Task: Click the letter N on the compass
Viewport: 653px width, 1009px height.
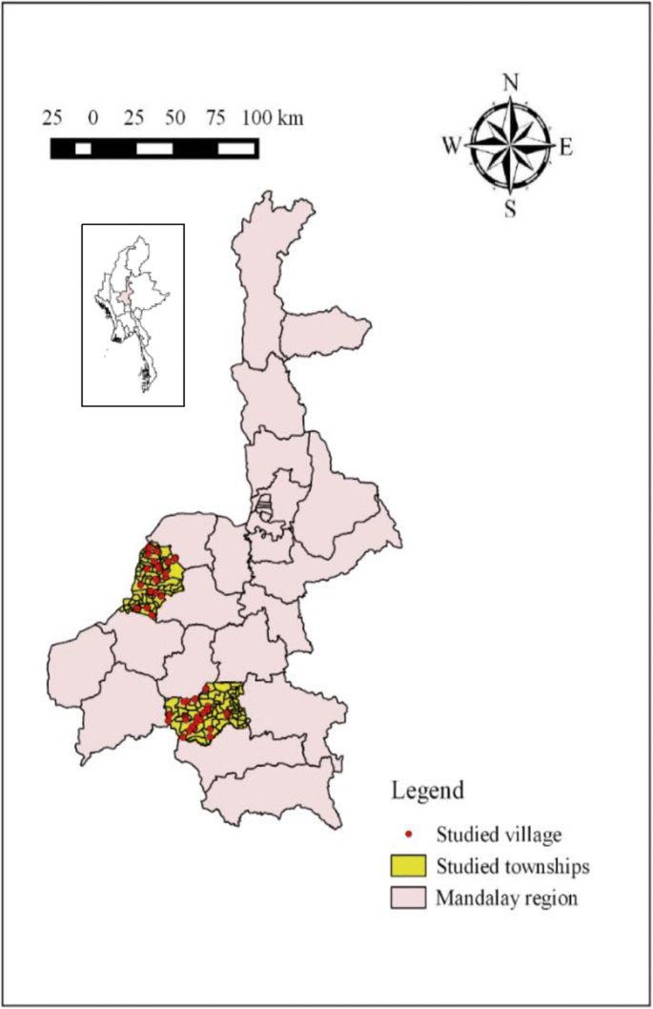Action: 510,83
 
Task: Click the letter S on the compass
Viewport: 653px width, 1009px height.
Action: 510,209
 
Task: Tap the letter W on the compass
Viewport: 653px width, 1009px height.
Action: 452,145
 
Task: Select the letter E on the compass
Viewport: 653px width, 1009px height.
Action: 565,147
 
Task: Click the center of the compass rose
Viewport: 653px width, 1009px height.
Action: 510,145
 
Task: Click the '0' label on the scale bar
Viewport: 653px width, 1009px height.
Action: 92,118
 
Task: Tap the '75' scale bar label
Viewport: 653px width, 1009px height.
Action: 216,118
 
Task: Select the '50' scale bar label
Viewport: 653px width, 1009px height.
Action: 174,118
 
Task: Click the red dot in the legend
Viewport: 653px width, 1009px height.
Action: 408,834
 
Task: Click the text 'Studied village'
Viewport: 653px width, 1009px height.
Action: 500,834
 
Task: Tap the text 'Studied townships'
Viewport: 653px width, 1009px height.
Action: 513,866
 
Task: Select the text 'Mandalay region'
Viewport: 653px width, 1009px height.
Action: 506,897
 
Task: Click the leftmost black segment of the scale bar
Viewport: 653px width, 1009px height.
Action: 63,148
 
